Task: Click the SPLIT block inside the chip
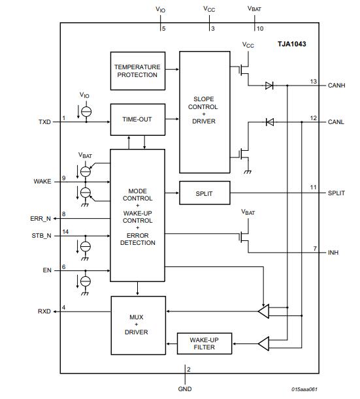pos(204,193)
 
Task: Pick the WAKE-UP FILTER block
pos(204,343)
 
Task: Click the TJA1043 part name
pos(292,44)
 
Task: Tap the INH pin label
pos(333,252)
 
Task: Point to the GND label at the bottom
pos(185,389)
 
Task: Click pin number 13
pos(314,82)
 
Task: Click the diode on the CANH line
pos(269,86)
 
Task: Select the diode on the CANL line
pos(269,121)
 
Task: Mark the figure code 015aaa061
pos(304,390)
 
